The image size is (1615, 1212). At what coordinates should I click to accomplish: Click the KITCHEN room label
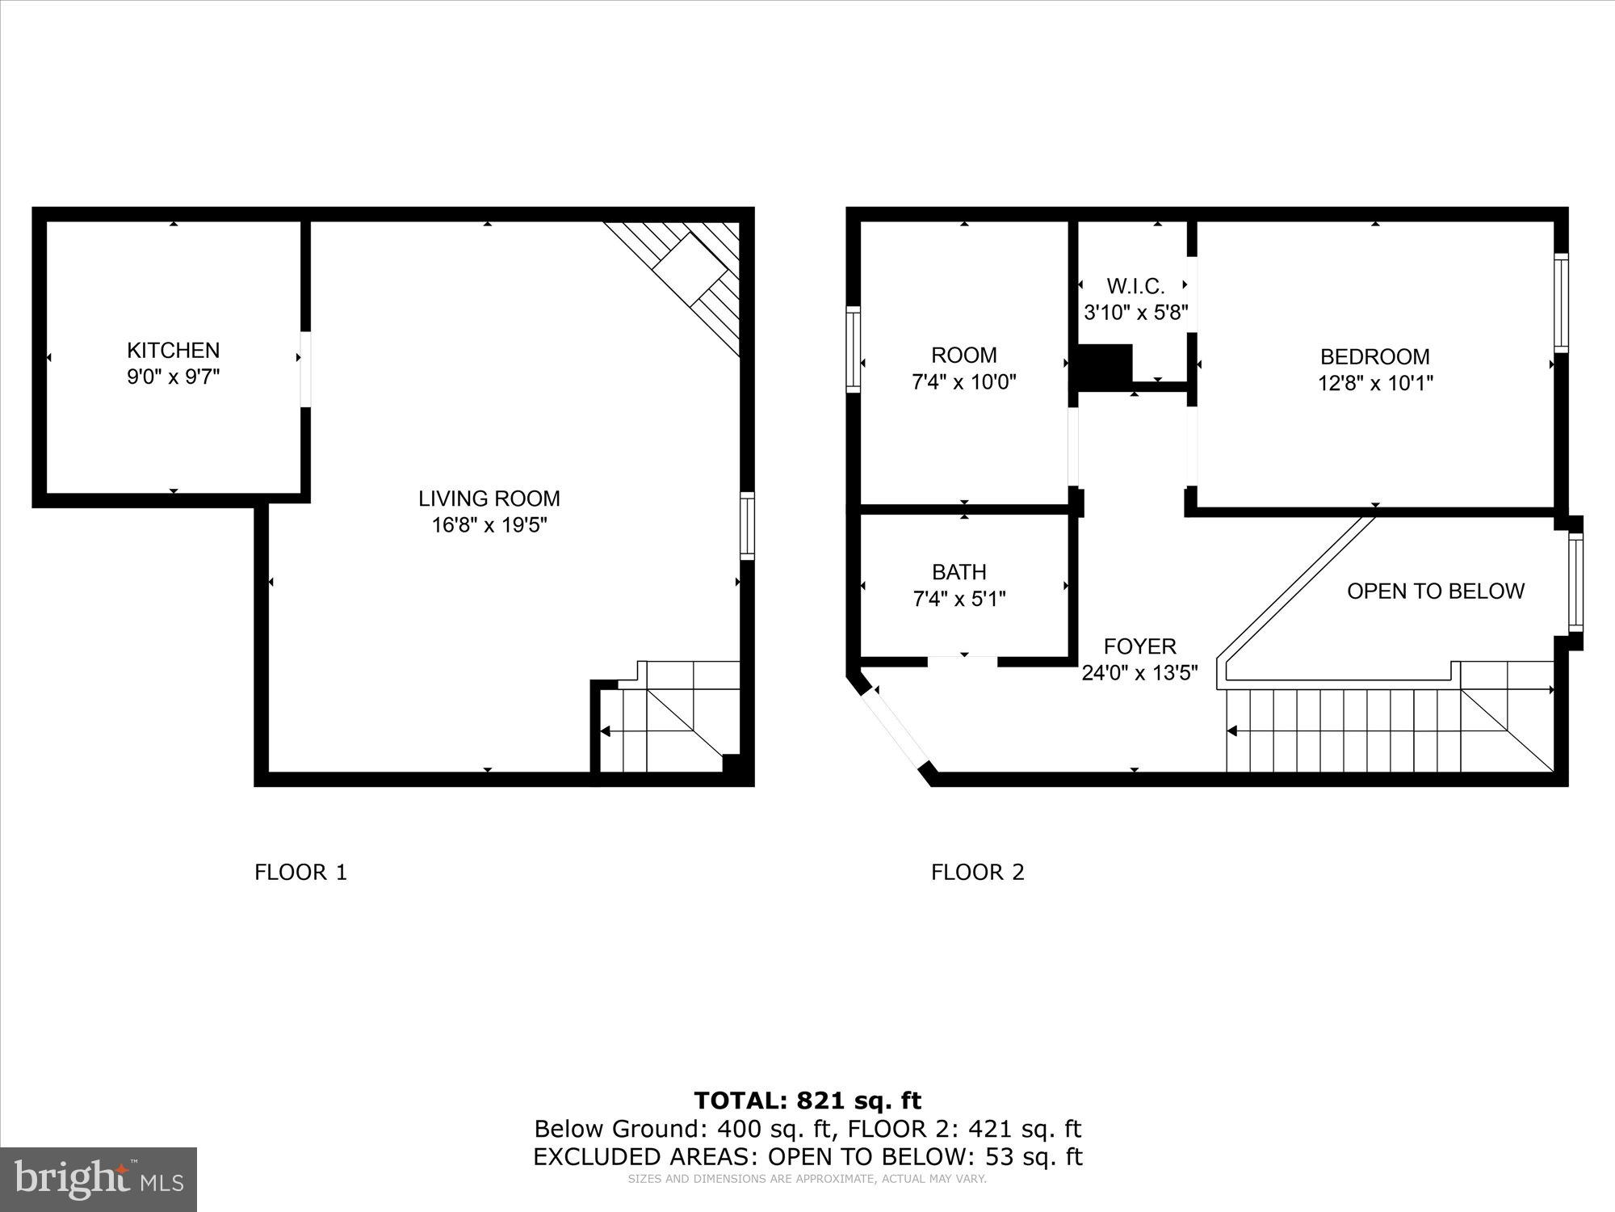[173, 350]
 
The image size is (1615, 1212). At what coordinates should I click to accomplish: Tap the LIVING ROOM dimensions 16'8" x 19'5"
[489, 525]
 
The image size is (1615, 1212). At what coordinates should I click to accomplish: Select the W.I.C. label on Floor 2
[1135, 286]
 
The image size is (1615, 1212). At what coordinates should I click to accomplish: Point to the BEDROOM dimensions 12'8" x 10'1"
[1375, 383]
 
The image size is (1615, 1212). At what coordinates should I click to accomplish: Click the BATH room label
[959, 572]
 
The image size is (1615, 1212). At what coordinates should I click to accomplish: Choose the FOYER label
[1139, 646]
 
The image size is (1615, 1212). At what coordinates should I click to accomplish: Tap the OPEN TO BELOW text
[1435, 591]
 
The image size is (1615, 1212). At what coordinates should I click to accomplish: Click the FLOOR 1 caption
[300, 872]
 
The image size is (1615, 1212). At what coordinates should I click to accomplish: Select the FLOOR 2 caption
[977, 872]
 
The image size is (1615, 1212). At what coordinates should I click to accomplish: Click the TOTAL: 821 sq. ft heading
[807, 1100]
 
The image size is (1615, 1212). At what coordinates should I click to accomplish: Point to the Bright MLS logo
[99, 1180]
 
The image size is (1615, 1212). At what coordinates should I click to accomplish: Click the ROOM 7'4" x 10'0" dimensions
[963, 382]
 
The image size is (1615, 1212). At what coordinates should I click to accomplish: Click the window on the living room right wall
[747, 525]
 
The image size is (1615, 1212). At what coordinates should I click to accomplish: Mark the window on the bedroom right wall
[1561, 302]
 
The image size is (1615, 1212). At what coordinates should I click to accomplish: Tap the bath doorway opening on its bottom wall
[962, 662]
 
